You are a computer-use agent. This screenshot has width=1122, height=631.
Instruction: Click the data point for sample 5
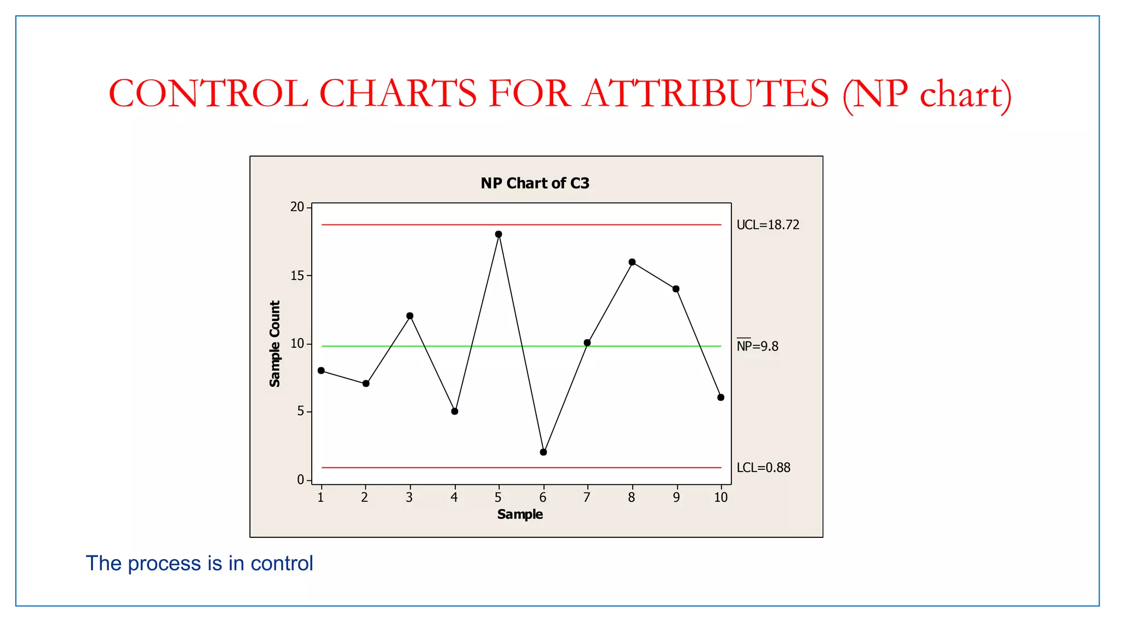tap(499, 234)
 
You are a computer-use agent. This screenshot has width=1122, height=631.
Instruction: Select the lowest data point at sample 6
tap(543, 452)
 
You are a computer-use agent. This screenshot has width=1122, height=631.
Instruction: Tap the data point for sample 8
tap(632, 262)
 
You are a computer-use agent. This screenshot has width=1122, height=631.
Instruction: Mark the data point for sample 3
tap(410, 316)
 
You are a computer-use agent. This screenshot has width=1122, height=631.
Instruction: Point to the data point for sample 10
tap(721, 398)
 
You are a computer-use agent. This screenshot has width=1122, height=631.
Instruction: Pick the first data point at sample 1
tap(321, 371)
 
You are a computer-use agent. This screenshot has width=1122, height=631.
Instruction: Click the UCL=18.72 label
tap(768, 225)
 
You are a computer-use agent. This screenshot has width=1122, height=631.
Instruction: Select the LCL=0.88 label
tap(763, 468)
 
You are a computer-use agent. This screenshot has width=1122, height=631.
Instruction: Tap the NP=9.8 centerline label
tap(757, 346)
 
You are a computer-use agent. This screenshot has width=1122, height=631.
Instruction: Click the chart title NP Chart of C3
tap(535, 183)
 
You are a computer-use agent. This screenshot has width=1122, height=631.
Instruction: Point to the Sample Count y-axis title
tap(275, 343)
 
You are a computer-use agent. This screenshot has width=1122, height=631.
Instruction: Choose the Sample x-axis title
tap(520, 514)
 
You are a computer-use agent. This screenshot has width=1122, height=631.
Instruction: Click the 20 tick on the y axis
tap(297, 207)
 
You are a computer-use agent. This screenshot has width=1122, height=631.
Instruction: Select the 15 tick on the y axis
tap(297, 276)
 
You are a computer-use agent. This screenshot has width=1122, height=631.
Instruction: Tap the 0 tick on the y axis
tap(300, 480)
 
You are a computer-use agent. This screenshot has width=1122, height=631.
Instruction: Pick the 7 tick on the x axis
tap(587, 497)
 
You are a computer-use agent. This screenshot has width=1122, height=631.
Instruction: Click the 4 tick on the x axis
tap(454, 497)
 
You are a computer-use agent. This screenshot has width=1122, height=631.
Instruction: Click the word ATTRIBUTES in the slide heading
tap(706, 94)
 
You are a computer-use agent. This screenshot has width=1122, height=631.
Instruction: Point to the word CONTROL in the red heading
tap(208, 94)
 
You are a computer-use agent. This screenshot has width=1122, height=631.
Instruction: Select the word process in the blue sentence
tap(164, 564)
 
